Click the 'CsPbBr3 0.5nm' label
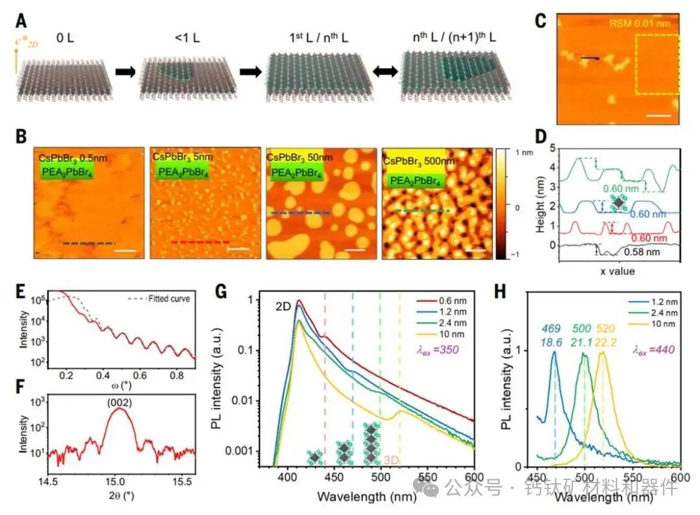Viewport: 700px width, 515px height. point(69,156)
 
